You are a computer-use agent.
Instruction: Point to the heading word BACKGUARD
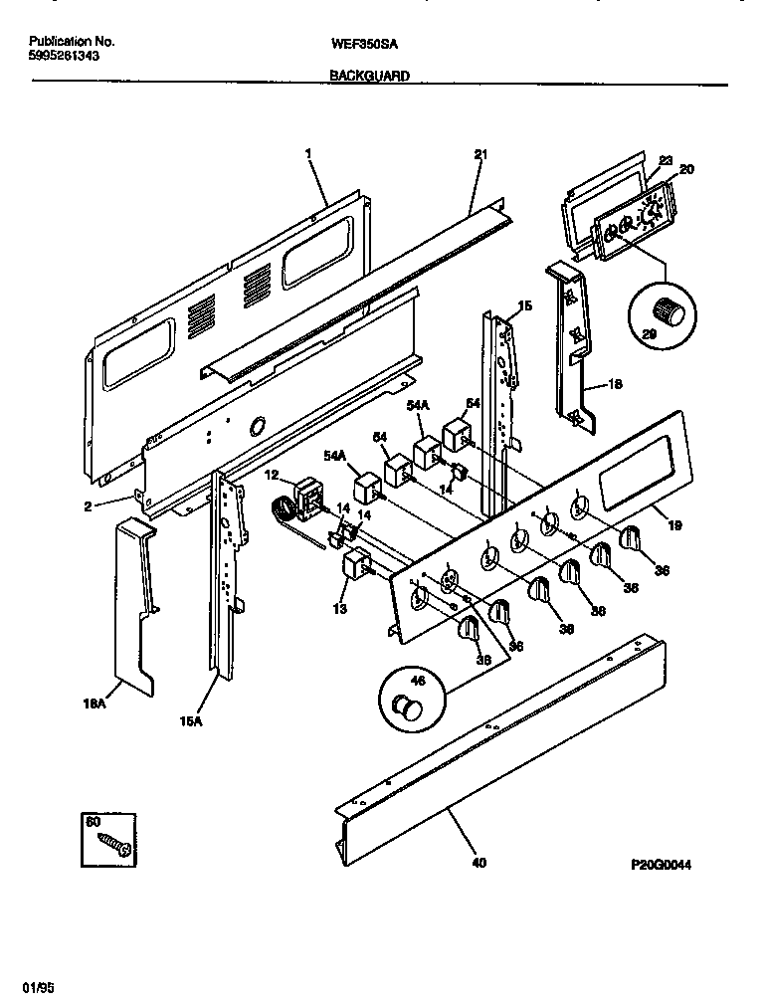click(x=369, y=76)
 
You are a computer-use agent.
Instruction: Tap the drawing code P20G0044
click(x=660, y=866)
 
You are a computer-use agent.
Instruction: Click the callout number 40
click(x=478, y=864)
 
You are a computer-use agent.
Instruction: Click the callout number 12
click(x=272, y=476)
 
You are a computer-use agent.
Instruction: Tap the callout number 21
click(x=480, y=154)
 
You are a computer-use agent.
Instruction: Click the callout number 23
click(x=666, y=160)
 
